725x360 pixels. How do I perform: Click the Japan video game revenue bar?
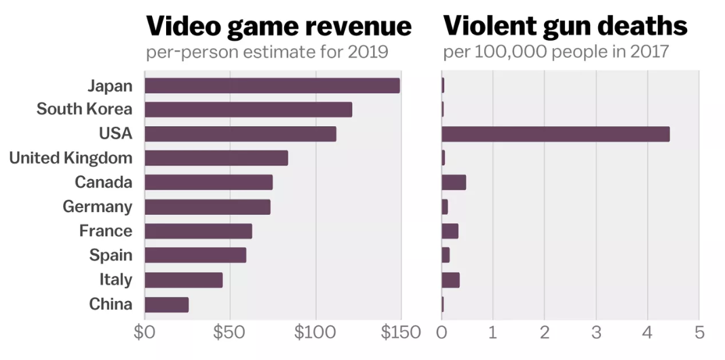pyautogui.click(x=272, y=85)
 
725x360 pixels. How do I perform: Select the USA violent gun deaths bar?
pyautogui.click(x=555, y=134)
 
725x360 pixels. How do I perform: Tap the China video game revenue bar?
pyautogui.click(x=166, y=304)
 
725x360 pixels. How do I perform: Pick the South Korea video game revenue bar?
pyautogui.click(x=248, y=110)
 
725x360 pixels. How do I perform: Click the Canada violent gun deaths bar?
pyautogui.click(x=454, y=182)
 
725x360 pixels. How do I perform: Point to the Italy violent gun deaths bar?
pyautogui.click(x=450, y=280)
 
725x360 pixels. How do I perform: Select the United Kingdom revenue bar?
pyautogui.click(x=216, y=158)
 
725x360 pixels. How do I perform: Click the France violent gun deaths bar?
pyautogui.click(x=450, y=231)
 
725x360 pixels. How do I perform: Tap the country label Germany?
pyautogui.click(x=98, y=207)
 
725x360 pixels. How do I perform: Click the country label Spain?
pyautogui.click(x=111, y=256)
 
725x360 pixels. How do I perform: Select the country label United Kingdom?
pyautogui.click(x=71, y=158)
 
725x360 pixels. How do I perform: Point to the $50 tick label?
pyautogui.click(x=229, y=333)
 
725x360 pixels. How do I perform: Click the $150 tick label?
pyautogui.click(x=400, y=333)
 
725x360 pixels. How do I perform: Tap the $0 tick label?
pyautogui.click(x=144, y=333)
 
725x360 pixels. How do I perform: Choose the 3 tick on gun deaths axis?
pyautogui.click(x=596, y=333)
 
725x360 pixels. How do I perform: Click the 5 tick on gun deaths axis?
pyautogui.click(x=699, y=333)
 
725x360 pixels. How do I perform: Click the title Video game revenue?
pyautogui.click(x=279, y=26)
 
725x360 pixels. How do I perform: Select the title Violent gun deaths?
pyautogui.click(x=565, y=26)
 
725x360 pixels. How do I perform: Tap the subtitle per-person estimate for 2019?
pyautogui.click(x=266, y=52)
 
